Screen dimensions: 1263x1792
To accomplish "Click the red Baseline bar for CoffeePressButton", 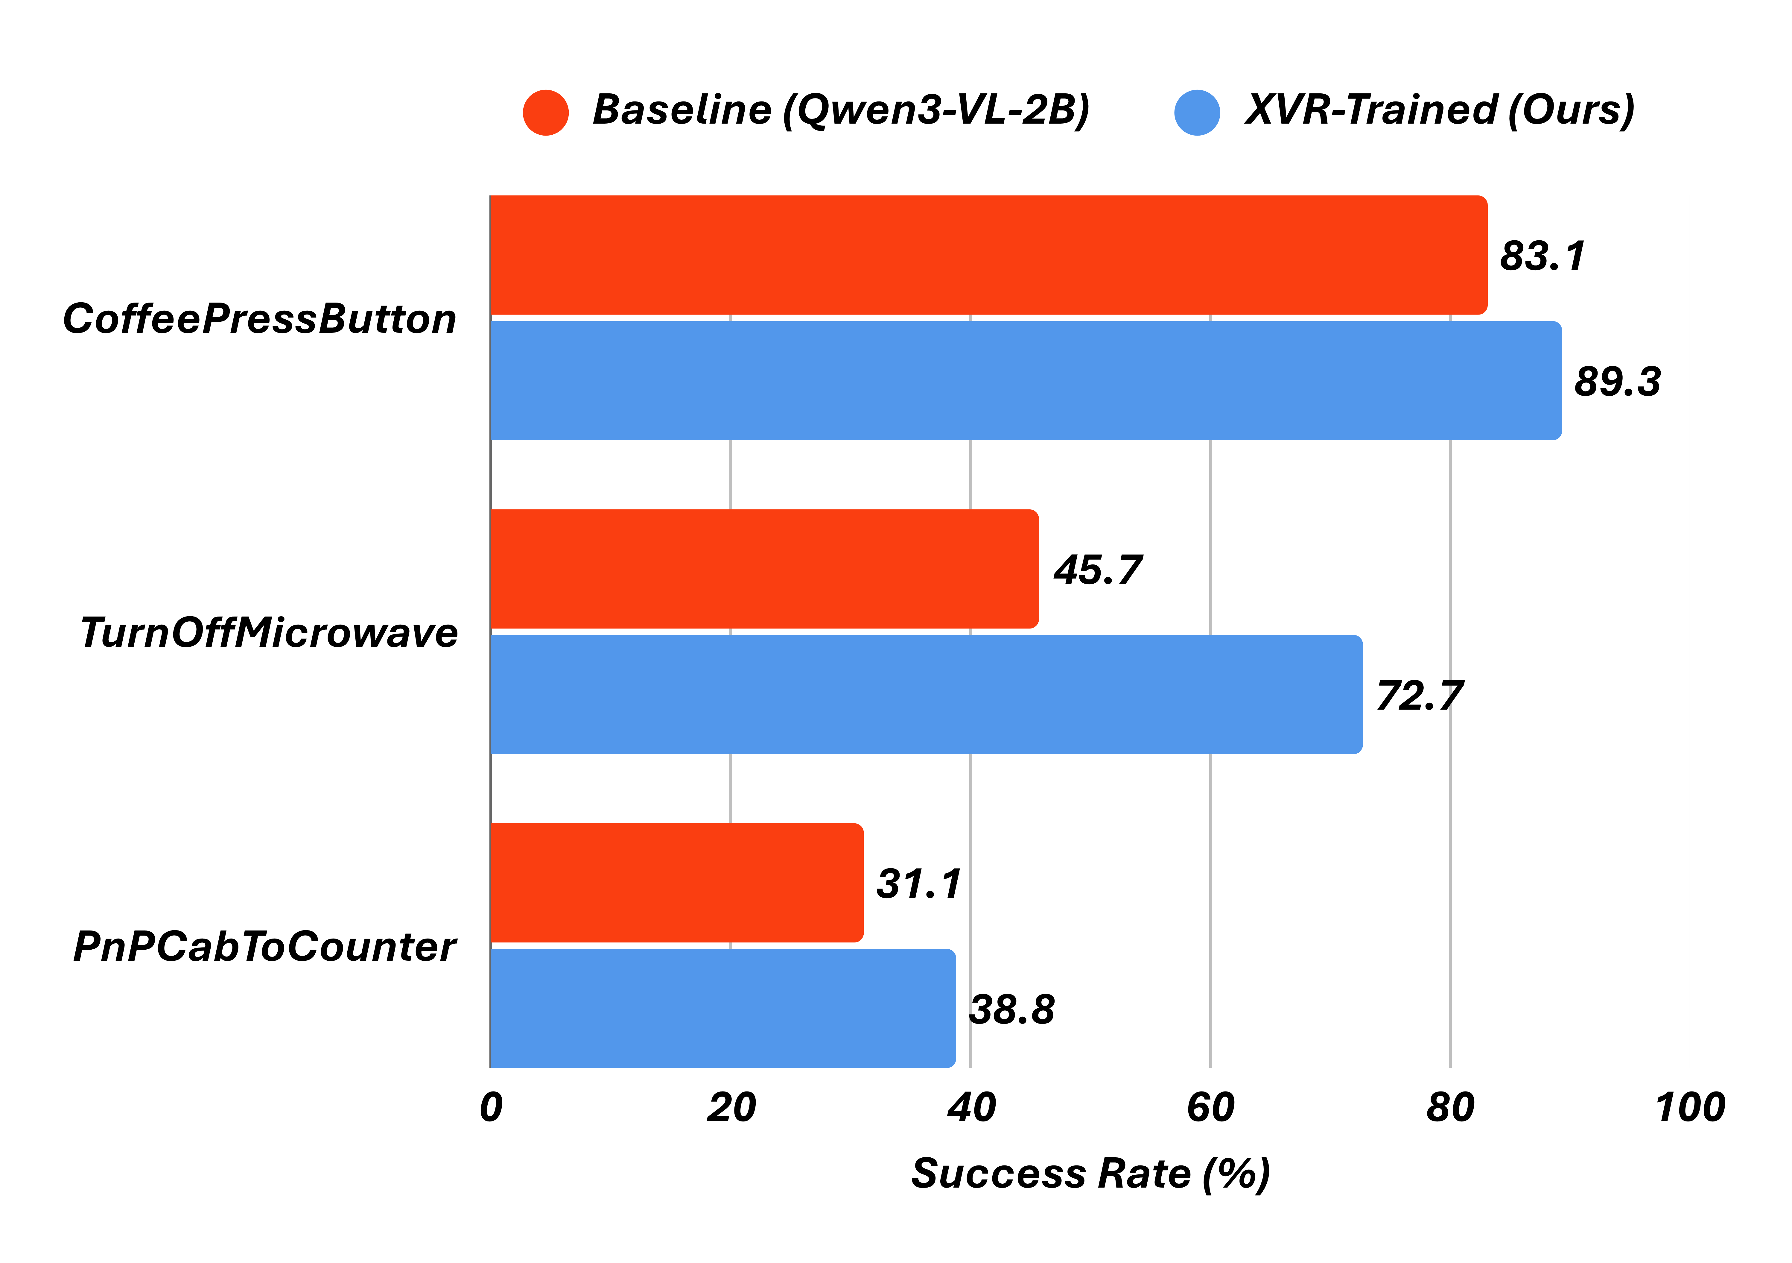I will click(x=987, y=255).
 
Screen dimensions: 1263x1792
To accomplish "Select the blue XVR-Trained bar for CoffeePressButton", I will click(x=1025, y=381).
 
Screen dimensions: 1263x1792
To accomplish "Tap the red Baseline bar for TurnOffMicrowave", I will click(x=763, y=569).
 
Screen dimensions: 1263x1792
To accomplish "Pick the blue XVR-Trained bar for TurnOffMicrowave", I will click(x=926, y=695).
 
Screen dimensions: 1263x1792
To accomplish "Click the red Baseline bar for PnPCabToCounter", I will click(x=676, y=883).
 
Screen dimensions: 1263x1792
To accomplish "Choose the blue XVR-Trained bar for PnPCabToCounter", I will click(x=722, y=1009).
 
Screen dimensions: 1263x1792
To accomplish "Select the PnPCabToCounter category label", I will click(x=264, y=947).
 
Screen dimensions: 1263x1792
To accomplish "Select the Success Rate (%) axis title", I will click(x=1090, y=1173).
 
